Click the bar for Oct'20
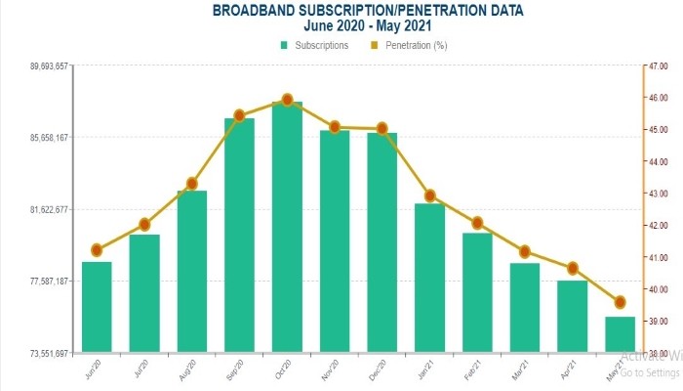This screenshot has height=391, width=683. click(x=287, y=227)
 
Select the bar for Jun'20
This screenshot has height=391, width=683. click(x=97, y=306)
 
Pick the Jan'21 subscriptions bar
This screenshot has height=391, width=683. click(x=429, y=278)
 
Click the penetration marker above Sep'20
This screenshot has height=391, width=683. click(x=239, y=115)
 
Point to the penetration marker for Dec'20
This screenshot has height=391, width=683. click(x=382, y=128)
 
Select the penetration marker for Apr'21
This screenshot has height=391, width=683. click(x=573, y=268)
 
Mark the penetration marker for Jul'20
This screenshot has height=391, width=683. click(x=144, y=224)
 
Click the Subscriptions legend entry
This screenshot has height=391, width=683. click(x=314, y=45)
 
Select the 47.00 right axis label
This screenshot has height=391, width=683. click(x=656, y=66)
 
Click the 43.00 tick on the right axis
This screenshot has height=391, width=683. click(x=656, y=194)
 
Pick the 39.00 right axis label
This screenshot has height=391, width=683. click(x=656, y=322)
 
